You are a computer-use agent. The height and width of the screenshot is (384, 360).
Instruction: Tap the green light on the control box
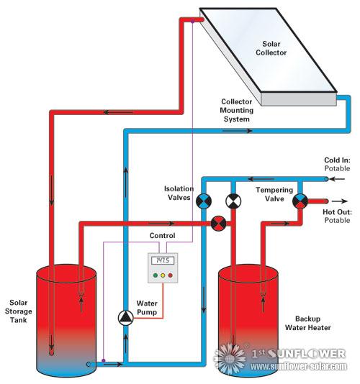[x=153, y=274]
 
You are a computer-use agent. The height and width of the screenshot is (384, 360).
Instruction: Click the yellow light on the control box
[x=162, y=274]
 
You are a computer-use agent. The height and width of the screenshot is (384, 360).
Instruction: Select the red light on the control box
[x=171, y=274]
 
